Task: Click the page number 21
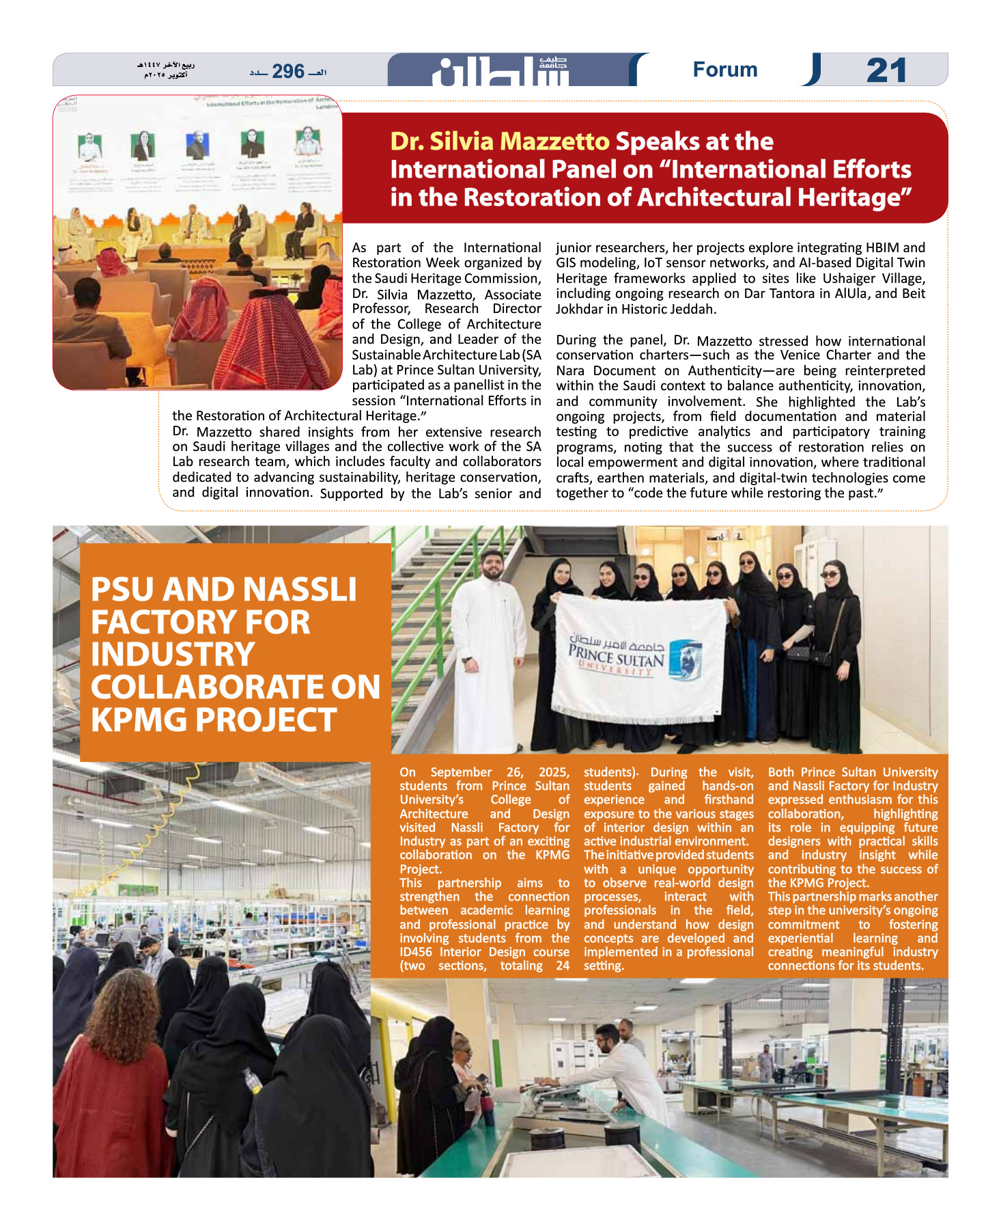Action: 886,70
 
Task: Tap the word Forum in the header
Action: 724,70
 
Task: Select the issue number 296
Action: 287,71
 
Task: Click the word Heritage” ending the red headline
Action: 854,197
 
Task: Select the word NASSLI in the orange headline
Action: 300,590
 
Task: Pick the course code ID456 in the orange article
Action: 417,952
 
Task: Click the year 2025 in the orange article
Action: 553,772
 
